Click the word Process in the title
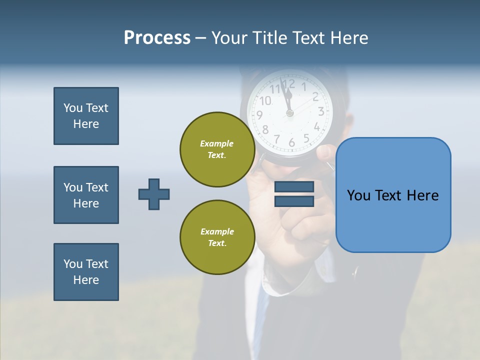[157, 38]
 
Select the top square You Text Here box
[86, 116]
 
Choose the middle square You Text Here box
[86, 195]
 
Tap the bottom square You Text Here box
[86, 272]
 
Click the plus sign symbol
[154, 194]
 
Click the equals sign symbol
[294, 194]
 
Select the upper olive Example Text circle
[217, 149]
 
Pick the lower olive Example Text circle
[217, 237]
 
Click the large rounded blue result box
[393, 195]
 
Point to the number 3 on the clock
[321, 111]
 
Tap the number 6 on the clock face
[291, 142]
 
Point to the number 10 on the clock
[265, 101]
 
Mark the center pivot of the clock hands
[289, 113]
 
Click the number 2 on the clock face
[315, 97]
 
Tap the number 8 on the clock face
[265, 130]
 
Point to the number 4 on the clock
[317, 126]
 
